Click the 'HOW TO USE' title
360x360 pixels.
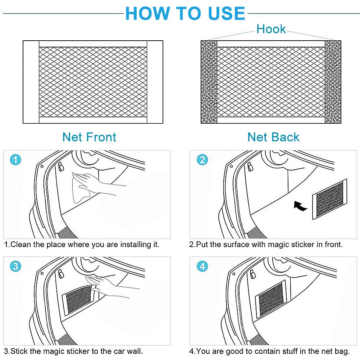click(185, 13)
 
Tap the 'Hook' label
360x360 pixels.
click(271, 29)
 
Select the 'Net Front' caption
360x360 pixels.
click(89, 137)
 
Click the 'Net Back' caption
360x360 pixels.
click(273, 137)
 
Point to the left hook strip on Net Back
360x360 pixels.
click(209, 82)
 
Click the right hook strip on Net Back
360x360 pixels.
click(333, 82)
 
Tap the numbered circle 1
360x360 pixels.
click(15, 160)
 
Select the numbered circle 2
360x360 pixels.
click(202, 160)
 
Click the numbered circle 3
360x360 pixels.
click(15, 266)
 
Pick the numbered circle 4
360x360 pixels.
click(202, 266)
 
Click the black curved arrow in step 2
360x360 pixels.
click(300, 206)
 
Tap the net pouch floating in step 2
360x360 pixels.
click(330, 199)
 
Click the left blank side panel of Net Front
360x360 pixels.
click(31, 82)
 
